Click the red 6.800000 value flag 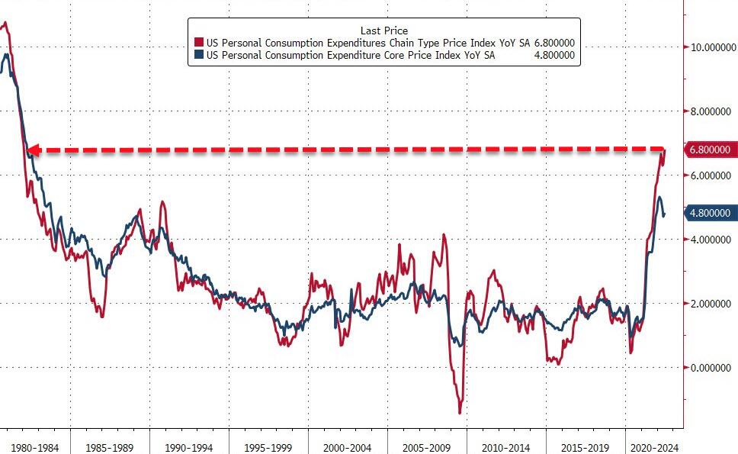[x=711, y=150]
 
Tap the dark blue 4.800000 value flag [x=711, y=214]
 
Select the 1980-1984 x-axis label [x=34, y=447]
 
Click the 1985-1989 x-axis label [x=110, y=447]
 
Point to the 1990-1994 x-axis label [x=189, y=447]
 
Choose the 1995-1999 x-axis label [x=268, y=447]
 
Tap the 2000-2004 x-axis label [x=348, y=447]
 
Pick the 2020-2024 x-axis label [x=653, y=447]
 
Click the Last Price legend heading [x=383, y=31]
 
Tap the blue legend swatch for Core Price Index [x=199, y=54]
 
